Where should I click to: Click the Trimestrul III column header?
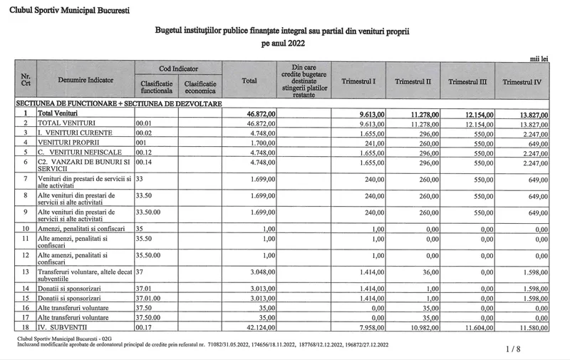coord(467,82)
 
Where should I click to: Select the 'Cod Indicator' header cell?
coord(178,68)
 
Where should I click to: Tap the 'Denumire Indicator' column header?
coord(85,81)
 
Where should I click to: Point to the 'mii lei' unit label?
coord(539,56)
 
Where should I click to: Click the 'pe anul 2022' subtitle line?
coord(283,43)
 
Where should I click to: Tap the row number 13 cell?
coord(26,271)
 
